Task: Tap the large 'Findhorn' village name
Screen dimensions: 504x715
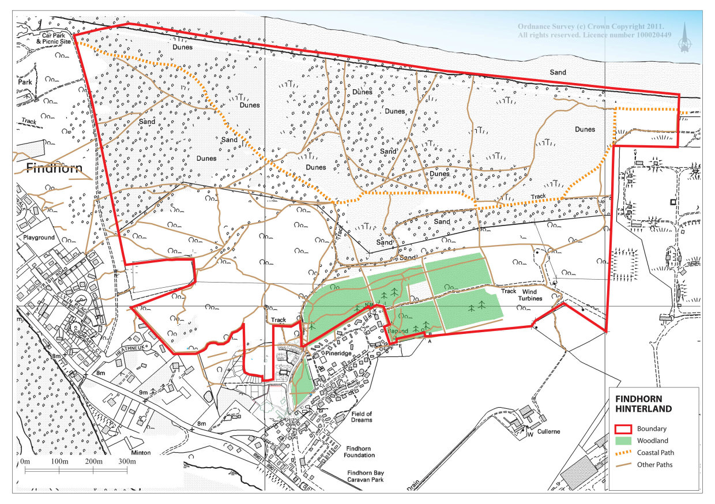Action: pos(55,169)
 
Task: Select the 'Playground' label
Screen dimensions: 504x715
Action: pos(39,238)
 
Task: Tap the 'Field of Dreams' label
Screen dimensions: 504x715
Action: pos(362,417)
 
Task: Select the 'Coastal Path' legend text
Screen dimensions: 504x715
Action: pos(656,453)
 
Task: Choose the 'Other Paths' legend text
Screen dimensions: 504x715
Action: pos(654,465)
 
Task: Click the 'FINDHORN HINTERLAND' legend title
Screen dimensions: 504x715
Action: pos(643,404)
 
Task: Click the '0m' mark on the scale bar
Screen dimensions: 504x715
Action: pos(25,462)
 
